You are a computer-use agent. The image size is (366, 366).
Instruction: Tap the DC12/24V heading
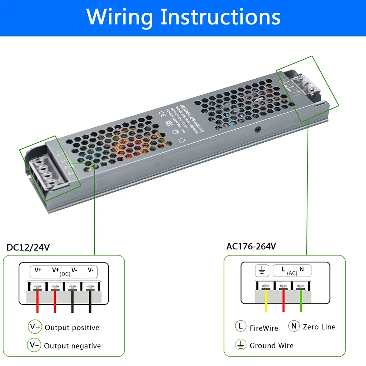pos(28,248)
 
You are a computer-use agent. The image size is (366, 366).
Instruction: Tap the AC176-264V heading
pos(251,246)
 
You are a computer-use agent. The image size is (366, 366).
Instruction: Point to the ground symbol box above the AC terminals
pos(262,270)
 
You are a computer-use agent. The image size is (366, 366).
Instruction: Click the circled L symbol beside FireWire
pos(240,326)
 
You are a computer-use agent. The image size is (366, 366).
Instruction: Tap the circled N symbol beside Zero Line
pos(294,326)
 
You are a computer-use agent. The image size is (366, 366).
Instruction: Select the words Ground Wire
pos(271,346)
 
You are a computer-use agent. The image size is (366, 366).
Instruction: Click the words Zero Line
pos(319,327)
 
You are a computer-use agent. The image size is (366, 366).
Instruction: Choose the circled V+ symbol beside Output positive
pos(35,327)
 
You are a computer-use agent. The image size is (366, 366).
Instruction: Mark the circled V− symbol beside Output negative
pos(34,345)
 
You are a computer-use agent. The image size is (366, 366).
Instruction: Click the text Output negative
pos(72,346)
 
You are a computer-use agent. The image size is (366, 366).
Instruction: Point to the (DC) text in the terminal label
pos(65,274)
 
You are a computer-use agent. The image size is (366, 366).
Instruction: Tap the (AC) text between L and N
pos(292,273)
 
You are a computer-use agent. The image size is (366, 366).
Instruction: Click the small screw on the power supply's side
pos(259,129)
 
